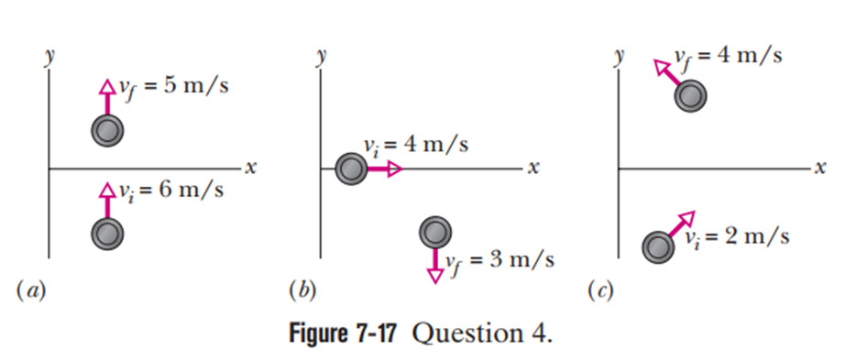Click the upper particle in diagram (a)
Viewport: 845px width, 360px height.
pyautogui.click(x=107, y=130)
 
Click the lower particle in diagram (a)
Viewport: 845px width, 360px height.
pyautogui.click(x=107, y=234)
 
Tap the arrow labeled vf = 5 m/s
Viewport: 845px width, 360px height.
pyautogui.click(x=107, y=96)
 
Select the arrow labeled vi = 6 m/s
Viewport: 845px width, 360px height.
pyautogui.click(x=107, y=200)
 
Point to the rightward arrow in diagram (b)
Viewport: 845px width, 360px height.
pyautogui.click(x=385, y=169)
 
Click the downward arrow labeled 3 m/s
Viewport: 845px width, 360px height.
pyautogui.click(x=435, y=266)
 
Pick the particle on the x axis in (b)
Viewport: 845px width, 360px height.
pyautogui.click(x=351, y=169)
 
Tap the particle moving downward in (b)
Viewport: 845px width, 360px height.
pyautogui.click(x=435, y=233)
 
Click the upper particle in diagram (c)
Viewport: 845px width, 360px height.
pyautogui.click(x=690, y=96)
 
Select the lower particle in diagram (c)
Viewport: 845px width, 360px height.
pyautogui.click(x=658, y=246)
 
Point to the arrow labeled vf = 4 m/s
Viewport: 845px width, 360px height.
pyautogui.click(x=666, y=72)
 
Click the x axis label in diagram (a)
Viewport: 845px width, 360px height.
pyautogui.click(x=249, y=169)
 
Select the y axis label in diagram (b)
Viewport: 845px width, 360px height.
pyautogui.click(x=322, y=58)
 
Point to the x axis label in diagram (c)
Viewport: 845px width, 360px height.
pyautogui.click(x=819, y=169)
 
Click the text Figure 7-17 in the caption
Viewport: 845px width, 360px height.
pyautogui.click(x=344, y=334)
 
